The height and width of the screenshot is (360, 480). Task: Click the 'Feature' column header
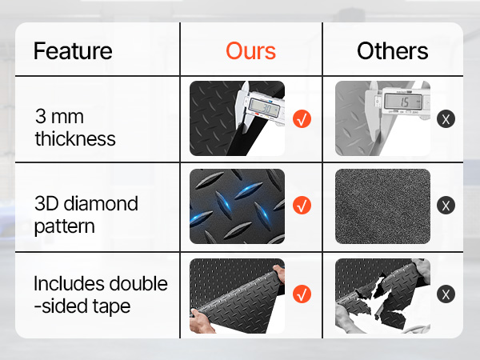[x=73, y=51]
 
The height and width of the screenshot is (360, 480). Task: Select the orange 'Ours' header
[x=250, y=51]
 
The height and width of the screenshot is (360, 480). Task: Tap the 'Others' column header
[x=393, y=51]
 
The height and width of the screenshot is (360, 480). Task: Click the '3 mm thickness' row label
[x=75, y=128]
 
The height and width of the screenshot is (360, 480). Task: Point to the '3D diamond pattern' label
[x=86, y=214]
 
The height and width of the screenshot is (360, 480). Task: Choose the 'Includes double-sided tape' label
[x=101, y=294]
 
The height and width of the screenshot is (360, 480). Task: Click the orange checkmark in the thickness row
[x=302, y=118]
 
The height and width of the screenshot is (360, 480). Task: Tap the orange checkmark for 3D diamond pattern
[x=302, y=205]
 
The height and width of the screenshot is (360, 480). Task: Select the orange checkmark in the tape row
[x=302, y=294]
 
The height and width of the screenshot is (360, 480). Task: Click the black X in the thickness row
[x=446, y=118]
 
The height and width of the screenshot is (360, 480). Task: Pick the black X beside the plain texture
[x=446, y=205]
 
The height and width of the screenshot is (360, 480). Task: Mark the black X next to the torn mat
[x=446, y=294]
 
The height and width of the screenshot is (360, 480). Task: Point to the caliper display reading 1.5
[x=403, y=102]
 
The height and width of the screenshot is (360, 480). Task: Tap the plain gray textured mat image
[x=382, y=206]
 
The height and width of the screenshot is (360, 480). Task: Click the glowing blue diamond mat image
[x=237, y=206]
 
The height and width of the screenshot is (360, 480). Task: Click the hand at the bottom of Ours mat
[x=201, y=322]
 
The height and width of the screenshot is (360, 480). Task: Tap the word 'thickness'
[x=75, y=138]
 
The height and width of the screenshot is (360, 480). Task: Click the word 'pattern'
[x=64, y=226]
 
